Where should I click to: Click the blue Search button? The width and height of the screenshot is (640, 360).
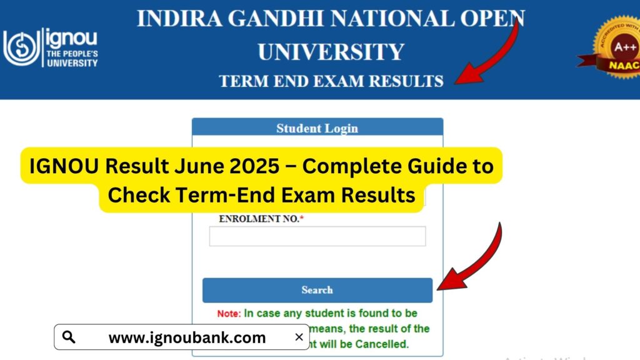tap(317, 290)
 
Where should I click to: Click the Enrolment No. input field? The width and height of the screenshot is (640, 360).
tap(317, 236)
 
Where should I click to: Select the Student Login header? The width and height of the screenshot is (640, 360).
tap(317, 128)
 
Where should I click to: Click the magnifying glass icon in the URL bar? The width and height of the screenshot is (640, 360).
tap(69, 337)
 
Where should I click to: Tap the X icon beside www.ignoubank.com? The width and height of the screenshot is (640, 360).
tap(299, 337)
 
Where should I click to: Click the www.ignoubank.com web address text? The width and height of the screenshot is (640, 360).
tap(187, 338)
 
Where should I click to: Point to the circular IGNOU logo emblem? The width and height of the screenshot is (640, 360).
tap(21, 48)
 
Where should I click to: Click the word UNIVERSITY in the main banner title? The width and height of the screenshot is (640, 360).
tap(331, 51)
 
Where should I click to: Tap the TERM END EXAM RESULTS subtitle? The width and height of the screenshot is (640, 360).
tap(331, 81)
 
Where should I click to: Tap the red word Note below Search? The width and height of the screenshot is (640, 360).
tap(228, 313)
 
